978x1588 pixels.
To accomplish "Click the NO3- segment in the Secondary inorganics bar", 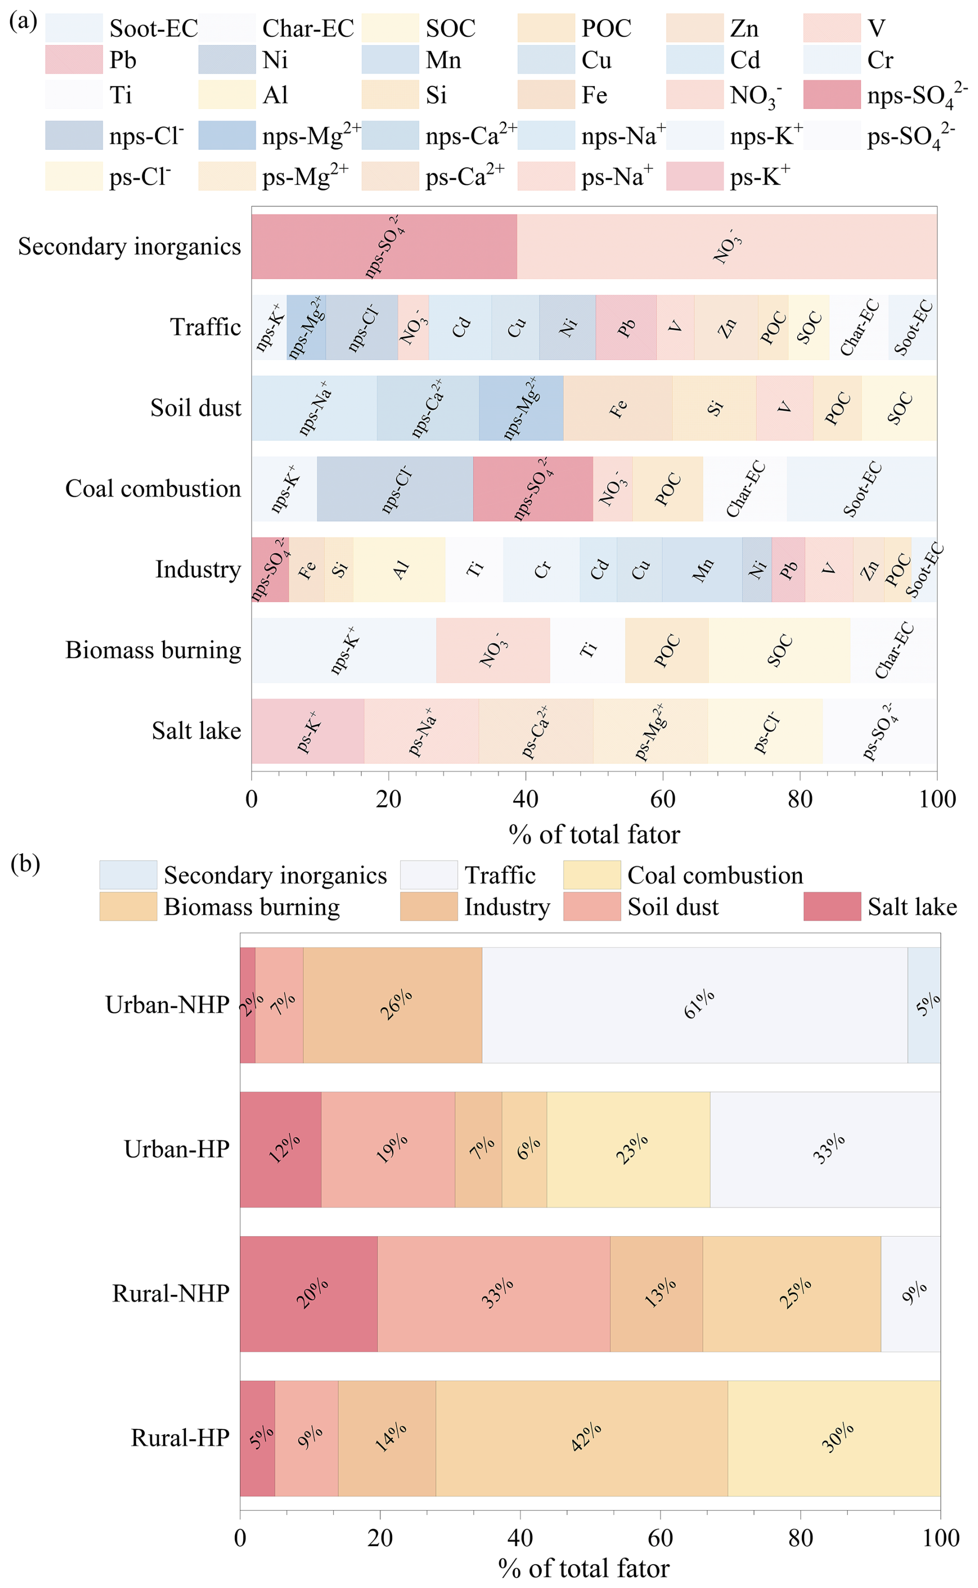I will pos(726,247).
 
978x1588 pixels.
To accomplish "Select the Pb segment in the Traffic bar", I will pos(625,327).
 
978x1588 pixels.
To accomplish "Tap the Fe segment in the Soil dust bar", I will pos(618,408).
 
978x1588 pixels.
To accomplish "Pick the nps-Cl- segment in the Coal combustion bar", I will pos(394,489).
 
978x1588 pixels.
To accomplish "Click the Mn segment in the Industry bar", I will pos(702,569).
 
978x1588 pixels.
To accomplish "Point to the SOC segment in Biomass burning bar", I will pos(780,651).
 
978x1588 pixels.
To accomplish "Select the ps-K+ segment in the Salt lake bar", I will pos(308,731).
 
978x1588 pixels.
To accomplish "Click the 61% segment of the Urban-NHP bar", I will pos(695,1005).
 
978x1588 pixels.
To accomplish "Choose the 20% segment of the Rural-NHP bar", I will pos(309,1294).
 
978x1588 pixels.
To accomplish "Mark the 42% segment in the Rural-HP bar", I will pos(582,1438).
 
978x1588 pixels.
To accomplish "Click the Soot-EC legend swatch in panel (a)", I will pos(74,28).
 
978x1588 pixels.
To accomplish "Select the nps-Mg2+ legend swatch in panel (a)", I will pos(227,136).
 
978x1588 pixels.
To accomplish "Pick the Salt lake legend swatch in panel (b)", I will pos(832,906).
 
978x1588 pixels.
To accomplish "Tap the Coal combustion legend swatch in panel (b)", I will pos(592,875).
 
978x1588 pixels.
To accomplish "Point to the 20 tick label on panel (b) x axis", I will pos(380,1537).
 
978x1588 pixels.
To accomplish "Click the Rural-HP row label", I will pos(180,1438).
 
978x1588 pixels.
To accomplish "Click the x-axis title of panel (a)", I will pos(594,835).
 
